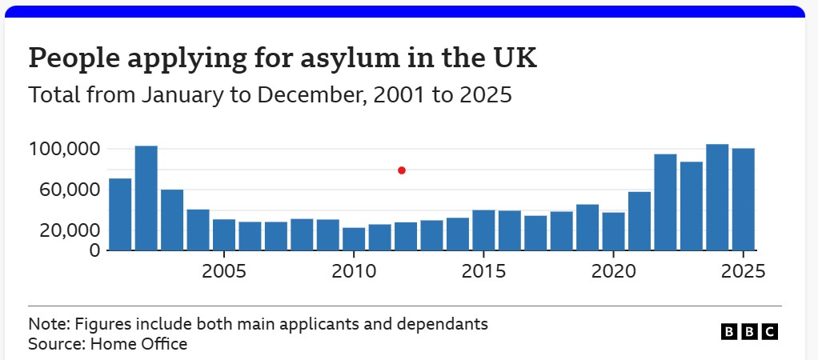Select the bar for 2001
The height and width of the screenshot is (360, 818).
coord(120,214)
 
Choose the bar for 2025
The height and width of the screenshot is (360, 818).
coord(743,199)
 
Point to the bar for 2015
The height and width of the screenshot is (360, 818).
coord(483,230)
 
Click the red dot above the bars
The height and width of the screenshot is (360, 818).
coord(402,170)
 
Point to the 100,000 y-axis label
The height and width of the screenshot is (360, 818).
coord(64,150)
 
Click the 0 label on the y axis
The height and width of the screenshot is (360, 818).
coord(94,250)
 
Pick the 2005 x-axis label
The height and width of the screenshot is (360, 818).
coord(223,270)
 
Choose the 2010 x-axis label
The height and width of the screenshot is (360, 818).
coord(354,270)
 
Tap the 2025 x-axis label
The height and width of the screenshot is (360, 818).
coord(743,270)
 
